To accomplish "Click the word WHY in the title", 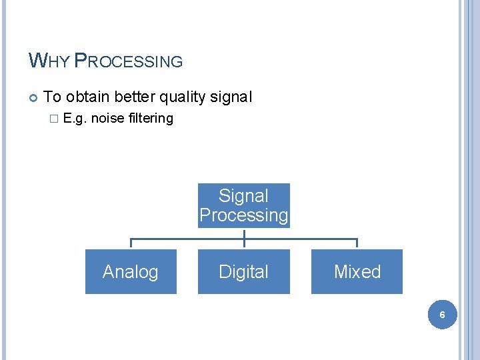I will (x=49, y=61).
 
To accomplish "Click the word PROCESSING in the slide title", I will (x=128, y=61).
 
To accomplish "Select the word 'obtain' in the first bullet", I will (x=88, y=97).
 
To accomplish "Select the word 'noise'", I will (x=108, y=119).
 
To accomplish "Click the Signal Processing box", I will (x=244, y=205).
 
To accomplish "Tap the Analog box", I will (x=131, y=271).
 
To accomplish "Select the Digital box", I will (x=244, y=271).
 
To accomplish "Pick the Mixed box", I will (x=357, y=271).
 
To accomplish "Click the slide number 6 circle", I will (x=441, y=313).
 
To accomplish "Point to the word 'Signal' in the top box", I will (x=244, y=196).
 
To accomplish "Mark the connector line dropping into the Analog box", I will (x=131, y=243).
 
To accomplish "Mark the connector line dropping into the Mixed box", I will (x=357, y=243).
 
